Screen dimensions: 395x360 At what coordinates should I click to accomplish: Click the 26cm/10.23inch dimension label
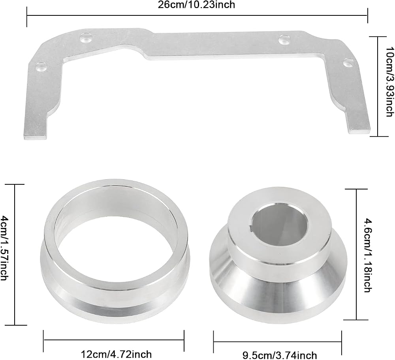pyautogui.click(x=196, y=4)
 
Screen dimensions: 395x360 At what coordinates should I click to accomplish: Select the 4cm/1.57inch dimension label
pyautogui.click(x=5, y=248)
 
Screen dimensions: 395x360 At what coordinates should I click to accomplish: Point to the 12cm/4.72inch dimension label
pyautogui.click(x=117, y=354)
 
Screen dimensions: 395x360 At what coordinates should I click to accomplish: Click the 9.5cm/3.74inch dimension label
pyautogui.click(x=280, y=355)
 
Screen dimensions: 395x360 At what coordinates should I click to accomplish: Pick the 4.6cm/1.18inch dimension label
pyautogui.click(x=368, y=255)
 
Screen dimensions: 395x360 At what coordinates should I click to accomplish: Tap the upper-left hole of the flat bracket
pyautogui.click(x=85, y=38)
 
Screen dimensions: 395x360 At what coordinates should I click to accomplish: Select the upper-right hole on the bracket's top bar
pyautogui.click(x=284, y=39)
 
